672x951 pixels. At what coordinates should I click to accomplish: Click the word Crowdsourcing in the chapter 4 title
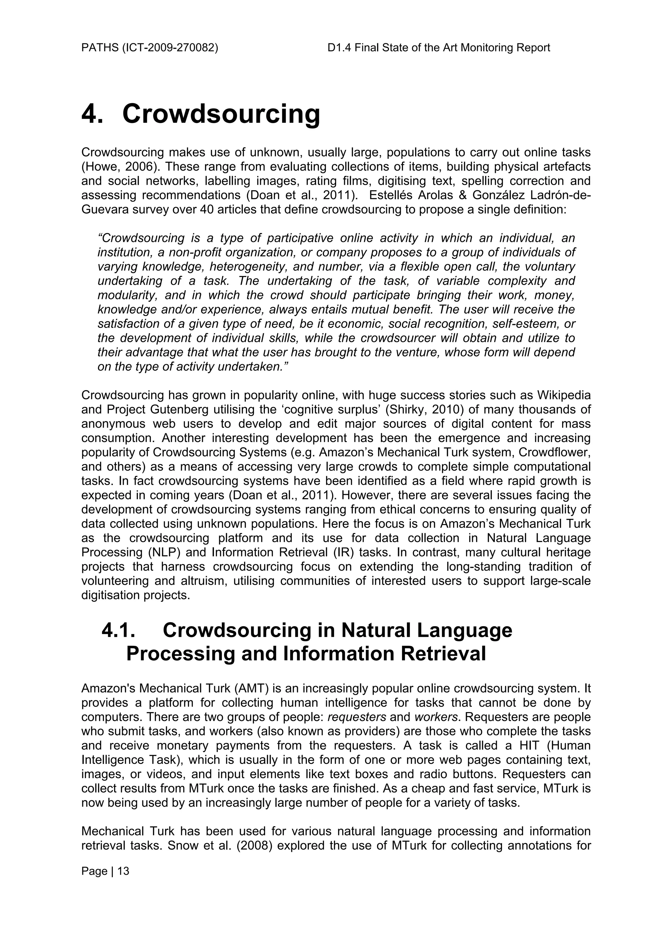pyautogui.click(x=221, y=114)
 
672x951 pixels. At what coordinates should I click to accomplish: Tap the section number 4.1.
pyautogui.click(x=118, y=630)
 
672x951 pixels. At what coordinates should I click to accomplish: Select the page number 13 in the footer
pyautogui.click(x=123, y=872)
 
